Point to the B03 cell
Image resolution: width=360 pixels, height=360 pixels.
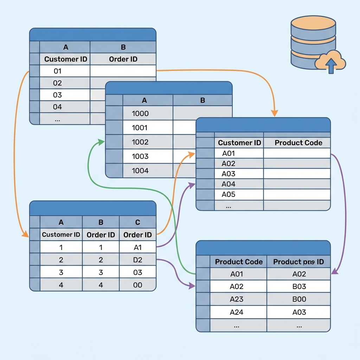coord(299,287)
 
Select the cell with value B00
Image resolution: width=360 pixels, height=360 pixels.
coord(299,299)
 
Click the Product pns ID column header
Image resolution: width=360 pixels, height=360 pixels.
coord(298,262)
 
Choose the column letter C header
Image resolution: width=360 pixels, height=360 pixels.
coord(137,222)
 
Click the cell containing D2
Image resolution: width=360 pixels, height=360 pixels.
coord(137,260)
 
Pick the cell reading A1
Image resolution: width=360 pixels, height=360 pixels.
coord(137,247)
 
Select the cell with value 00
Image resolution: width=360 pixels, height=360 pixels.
coord(137,285)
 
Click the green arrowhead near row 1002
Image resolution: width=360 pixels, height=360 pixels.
coord(101,142)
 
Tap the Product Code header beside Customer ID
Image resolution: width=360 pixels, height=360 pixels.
coord(298,143)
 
